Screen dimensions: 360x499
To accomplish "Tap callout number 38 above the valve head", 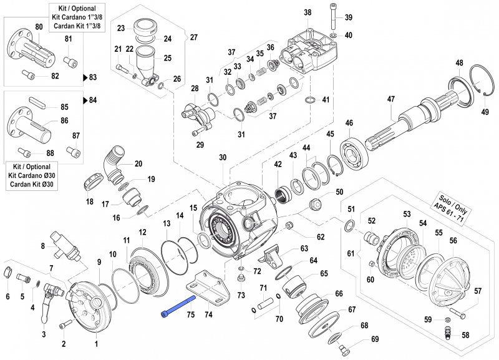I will coord(307,12).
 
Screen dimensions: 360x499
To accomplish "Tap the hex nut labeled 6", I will coord(8,273).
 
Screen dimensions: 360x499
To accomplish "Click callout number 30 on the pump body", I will coord(222,158).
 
